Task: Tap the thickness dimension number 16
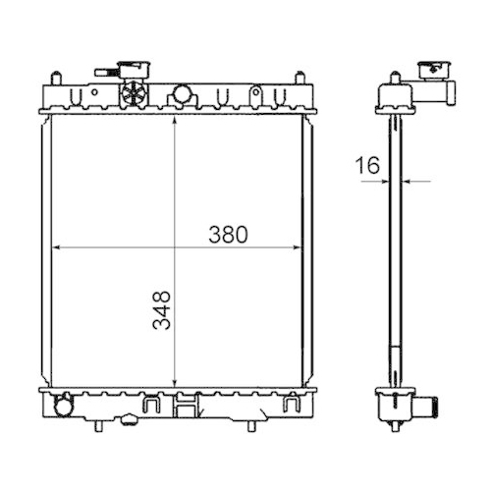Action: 367,166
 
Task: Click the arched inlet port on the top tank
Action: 181,95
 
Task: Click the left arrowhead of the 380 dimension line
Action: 54,245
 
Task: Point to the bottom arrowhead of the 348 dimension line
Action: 174,384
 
